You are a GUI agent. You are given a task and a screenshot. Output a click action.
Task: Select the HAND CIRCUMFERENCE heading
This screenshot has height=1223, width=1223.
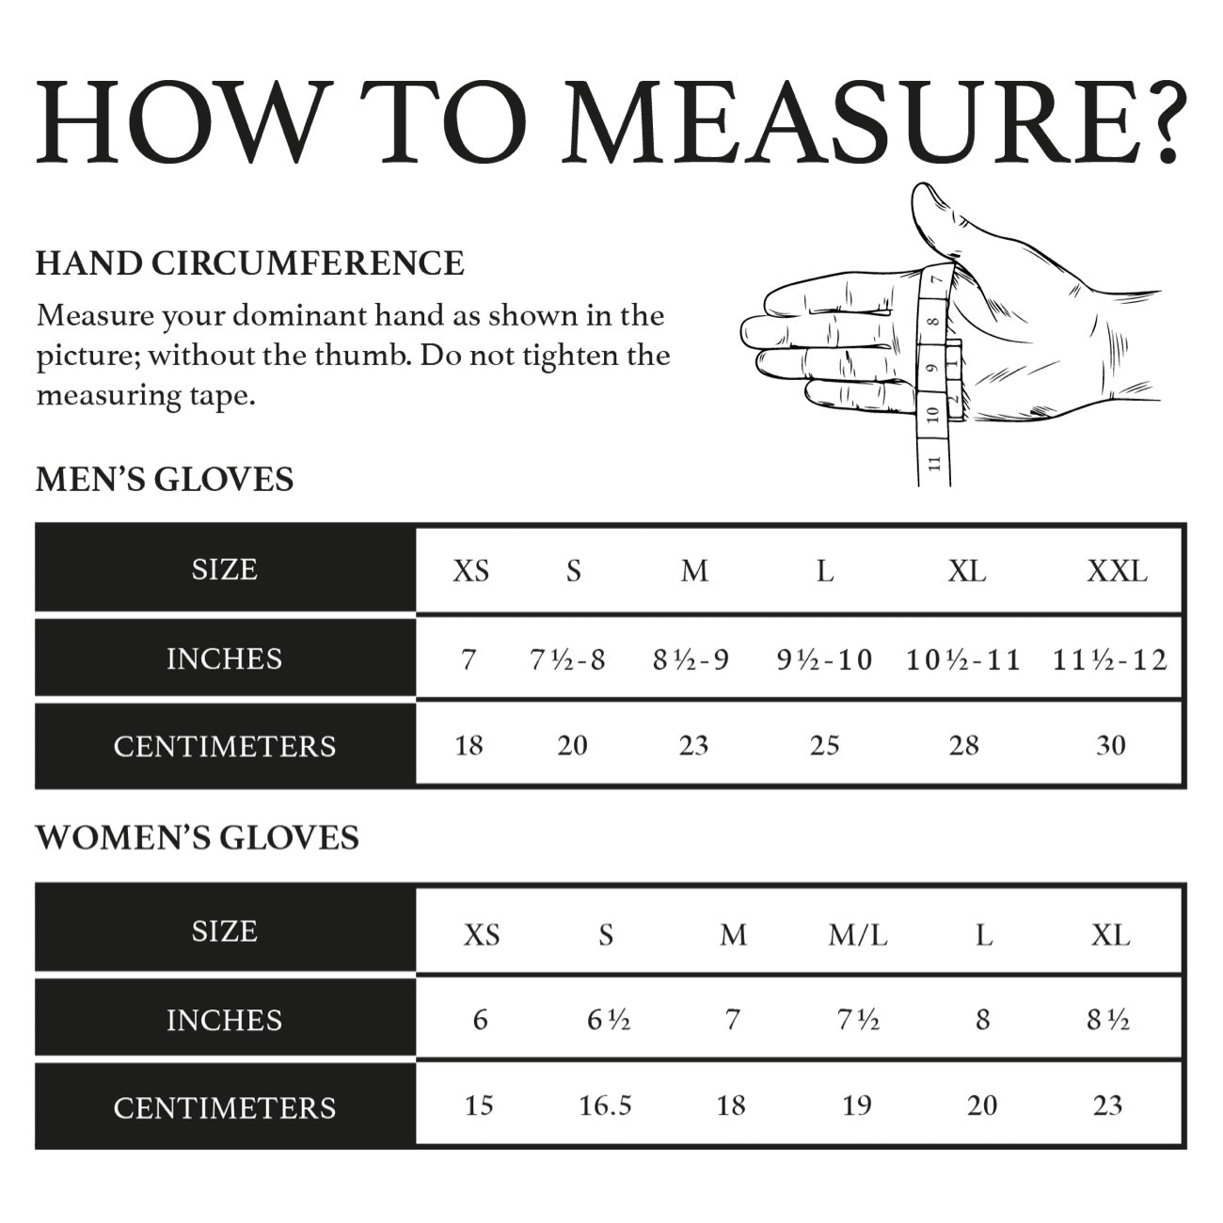[x=249, y=263]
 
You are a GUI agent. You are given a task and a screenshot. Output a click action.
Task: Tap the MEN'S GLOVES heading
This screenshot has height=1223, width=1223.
[x=165, y=480]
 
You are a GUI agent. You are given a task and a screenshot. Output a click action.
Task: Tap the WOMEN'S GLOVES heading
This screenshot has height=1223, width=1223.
[x=198, y=837]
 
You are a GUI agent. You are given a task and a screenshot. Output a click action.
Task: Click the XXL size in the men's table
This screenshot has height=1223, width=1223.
[x=1117, y=571]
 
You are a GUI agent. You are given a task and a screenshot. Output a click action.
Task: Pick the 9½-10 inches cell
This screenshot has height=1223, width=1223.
[x=824, y=659]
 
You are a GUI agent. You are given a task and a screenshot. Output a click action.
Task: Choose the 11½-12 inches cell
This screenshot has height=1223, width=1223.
[x=1110, y=659]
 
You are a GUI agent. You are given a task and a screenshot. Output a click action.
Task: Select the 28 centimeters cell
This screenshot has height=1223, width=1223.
[x=963, y=746]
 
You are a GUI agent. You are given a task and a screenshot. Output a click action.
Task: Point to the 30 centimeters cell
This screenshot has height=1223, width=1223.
[x=1111, y=746]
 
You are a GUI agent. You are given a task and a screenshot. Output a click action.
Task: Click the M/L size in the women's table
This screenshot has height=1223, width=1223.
[x=858, y=935]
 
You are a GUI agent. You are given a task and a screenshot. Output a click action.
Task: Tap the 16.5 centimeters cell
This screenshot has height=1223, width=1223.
[x=605, y=1105]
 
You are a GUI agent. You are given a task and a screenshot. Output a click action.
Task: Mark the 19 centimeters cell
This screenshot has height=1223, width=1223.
[x=856, y=1105]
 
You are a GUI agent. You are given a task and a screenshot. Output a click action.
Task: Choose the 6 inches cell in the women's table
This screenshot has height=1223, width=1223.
[x=480, y=1020]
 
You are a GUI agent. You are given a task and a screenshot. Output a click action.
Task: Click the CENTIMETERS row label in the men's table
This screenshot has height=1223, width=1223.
[x=225, y=746]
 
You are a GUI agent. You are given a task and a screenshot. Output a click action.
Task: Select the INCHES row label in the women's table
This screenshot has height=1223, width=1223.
[x=225, y=1020]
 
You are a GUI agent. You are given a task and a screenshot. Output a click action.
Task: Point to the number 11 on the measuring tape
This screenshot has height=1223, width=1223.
[x=934, y=462]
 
